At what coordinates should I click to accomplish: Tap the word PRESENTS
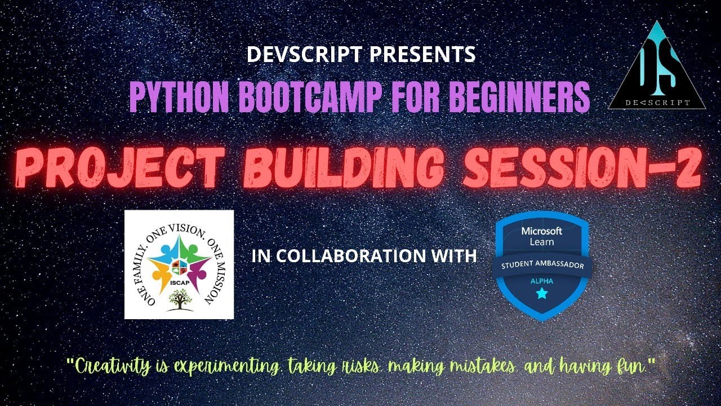[x=422, y=54]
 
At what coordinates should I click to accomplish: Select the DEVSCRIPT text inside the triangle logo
[x=657, y=103]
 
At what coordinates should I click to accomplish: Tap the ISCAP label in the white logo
[x=180, y=283]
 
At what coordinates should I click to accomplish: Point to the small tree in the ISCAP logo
[x=180, y=299]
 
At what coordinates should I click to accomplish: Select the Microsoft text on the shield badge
[x=542, y=231]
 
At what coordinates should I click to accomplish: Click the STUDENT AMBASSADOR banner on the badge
[x=542, y=265]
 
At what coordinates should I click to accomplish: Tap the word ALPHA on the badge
[x=542, y=281]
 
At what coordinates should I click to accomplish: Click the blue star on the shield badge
[x=542, y=294]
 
